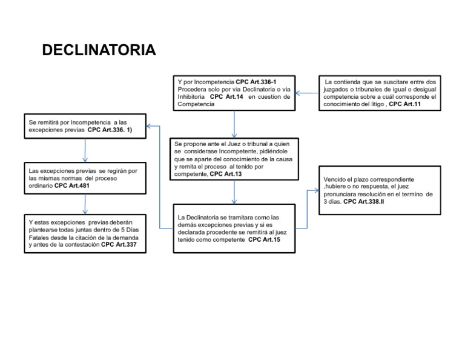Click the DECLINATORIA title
tap(99, 50)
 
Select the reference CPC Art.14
tap(226, 96)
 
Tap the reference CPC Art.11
tap(405, 104)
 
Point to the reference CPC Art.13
tap(225, 174)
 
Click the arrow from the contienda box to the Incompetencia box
tap(308, 93)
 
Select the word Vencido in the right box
tap(335, 181)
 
